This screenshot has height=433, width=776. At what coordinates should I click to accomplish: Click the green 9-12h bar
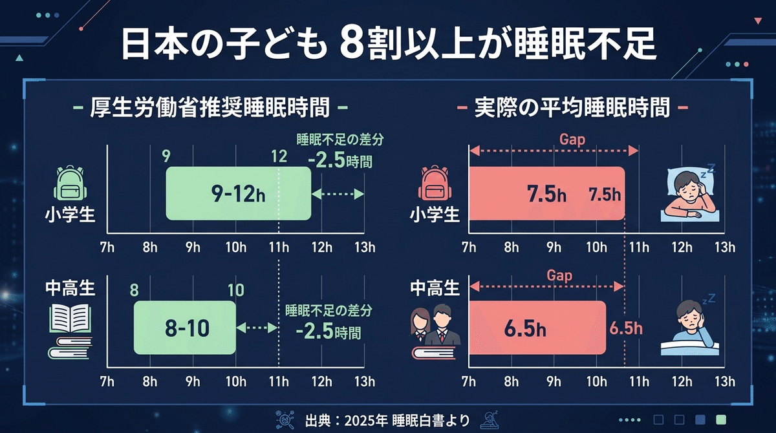click(x=238, y=193)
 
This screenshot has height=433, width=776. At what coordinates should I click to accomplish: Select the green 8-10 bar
click(x=185, y=328)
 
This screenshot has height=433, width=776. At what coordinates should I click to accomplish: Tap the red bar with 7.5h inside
click(x=546, y=193)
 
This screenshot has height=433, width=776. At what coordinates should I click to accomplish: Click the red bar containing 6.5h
click(x=537, y=328)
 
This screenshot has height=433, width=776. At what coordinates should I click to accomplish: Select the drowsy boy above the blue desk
click(x=688, y=322)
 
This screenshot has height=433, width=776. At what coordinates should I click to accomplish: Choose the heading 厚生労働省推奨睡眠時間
click(x=212, y=108)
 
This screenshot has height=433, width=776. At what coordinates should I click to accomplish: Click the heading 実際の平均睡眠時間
click(x=572, y=108)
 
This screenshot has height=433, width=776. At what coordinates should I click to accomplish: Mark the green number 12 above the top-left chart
click(x=279, y=156)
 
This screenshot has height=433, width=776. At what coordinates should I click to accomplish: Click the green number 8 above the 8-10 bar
click(x=135, y=290)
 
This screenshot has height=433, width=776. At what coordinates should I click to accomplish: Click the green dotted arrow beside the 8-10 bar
click(x=257, y=328)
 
